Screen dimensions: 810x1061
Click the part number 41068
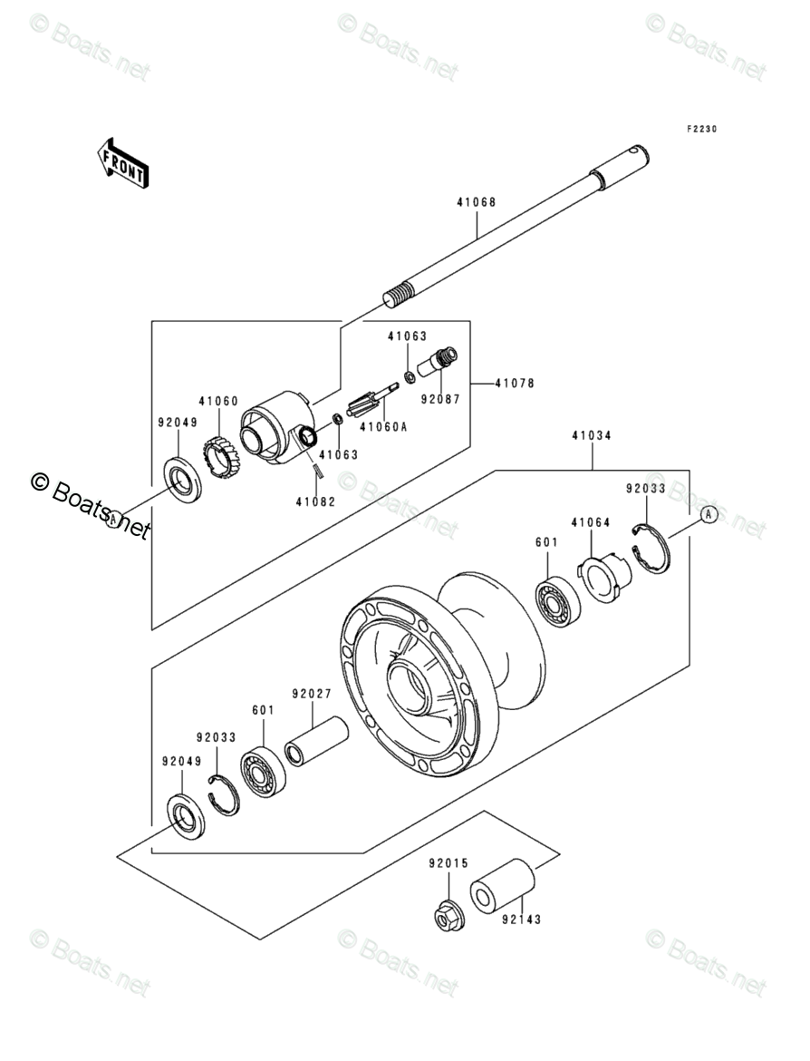point(476,201)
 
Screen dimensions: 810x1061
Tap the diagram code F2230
point(701,129)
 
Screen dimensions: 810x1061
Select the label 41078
point(515,383)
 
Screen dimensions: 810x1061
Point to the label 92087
point(440,399)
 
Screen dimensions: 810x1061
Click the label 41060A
point(383,427)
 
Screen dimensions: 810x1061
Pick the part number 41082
point(315,502)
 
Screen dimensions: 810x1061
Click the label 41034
point(592,435)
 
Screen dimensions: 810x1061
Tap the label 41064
point(590,521)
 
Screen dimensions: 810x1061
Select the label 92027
point(312,694)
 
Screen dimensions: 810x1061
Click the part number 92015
point(448,863)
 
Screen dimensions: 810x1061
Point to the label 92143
point(521,920)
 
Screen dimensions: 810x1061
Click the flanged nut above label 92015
point(448,915)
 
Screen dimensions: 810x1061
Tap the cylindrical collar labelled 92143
point(502,887)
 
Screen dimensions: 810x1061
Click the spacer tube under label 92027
point(316,742)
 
